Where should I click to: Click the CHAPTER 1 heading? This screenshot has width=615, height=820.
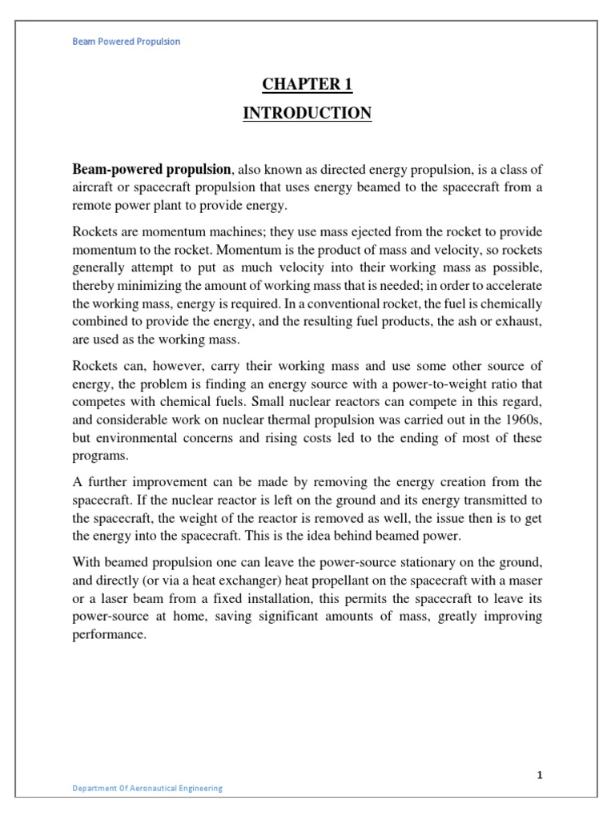coord(307,84)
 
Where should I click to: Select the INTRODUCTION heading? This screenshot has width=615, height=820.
coord(307,114)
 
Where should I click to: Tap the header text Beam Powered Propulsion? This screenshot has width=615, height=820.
coord(127,42)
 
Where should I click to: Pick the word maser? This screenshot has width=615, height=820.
coord(524,580)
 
